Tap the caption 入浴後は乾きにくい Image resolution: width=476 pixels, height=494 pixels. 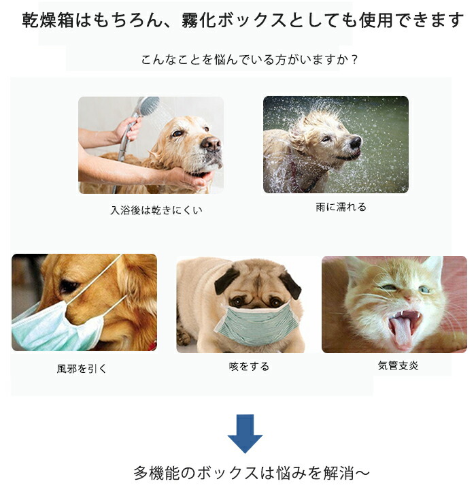click(156, 210)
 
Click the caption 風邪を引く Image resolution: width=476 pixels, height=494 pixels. click(82, 369)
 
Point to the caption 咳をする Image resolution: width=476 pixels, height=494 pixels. click(249, 366)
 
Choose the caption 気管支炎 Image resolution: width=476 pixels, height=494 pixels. click(398, 365)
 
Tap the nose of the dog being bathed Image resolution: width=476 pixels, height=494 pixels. click(211, 144)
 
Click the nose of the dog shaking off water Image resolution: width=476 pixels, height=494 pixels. click(355, 142)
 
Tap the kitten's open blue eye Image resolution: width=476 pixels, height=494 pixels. click(424, 290)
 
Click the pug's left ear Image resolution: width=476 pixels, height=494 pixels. click(226, 280)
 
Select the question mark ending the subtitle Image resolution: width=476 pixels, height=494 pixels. click(354, 59)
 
